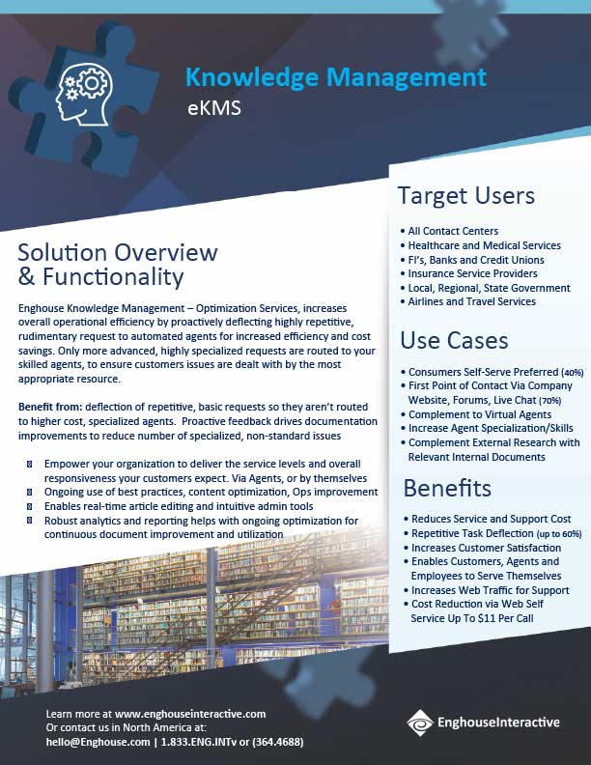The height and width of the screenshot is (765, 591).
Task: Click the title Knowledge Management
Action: (335, 76)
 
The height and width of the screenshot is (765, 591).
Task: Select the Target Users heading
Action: (465, 196)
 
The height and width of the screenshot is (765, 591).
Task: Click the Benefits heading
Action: (447, 487)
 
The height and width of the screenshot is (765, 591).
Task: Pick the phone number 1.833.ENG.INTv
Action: (205, 742)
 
